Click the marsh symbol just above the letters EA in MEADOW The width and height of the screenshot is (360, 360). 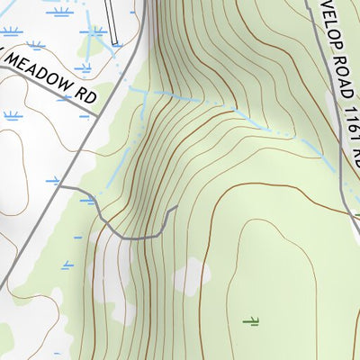tap(36, 43)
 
